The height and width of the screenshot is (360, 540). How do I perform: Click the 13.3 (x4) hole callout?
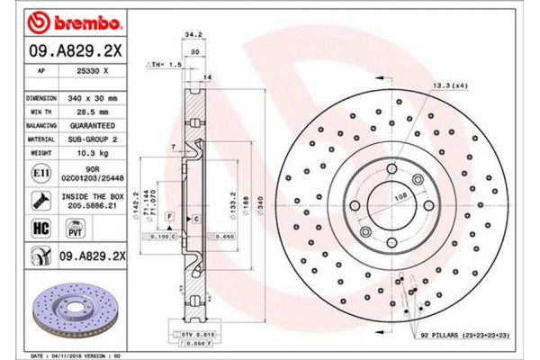click(x=449, y=85)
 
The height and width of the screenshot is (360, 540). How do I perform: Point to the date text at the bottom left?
click(x=76, y=355)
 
